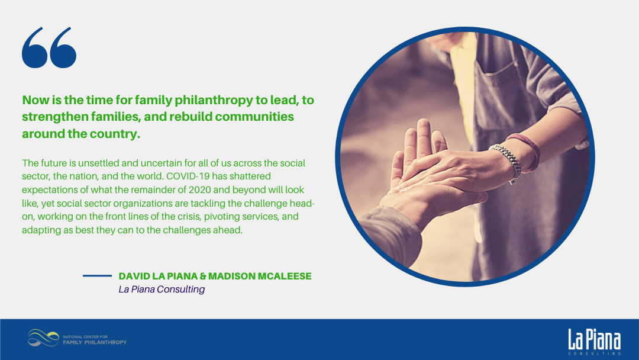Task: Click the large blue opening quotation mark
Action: [49, 47]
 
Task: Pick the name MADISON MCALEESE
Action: [260, 276]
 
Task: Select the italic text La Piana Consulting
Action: [162, 289]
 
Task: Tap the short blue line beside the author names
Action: [97, 275]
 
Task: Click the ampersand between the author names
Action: [202, 276]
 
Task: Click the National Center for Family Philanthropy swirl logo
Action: [43, 338]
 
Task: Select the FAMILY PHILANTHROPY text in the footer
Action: [95, 342]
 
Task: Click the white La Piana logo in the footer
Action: [595, 342]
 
